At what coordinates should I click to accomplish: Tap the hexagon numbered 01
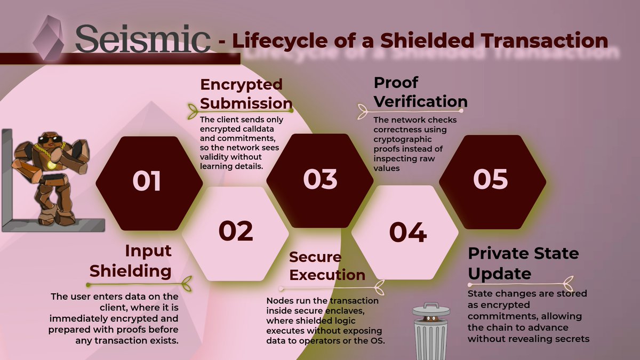pyautogui.click(x=147, y=181)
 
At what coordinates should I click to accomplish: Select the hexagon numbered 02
pyautogui.click(x=235, y=231)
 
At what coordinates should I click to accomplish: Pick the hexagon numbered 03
pyautogui.click(x=321, y=179)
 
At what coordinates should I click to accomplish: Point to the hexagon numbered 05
pyautogui.click(x=491, y=179)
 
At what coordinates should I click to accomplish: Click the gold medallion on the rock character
pyautogui.click(x=51, y=164)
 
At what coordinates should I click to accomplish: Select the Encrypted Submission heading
pyautogui.click(x=241, y=93)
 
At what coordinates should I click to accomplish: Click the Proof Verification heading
pyautogui.click(x=420, y=92)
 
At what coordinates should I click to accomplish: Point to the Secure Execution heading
pyautogui.click(x=327, y=266)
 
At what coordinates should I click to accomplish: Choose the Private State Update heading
pyautogui.click(x=523, y=263)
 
